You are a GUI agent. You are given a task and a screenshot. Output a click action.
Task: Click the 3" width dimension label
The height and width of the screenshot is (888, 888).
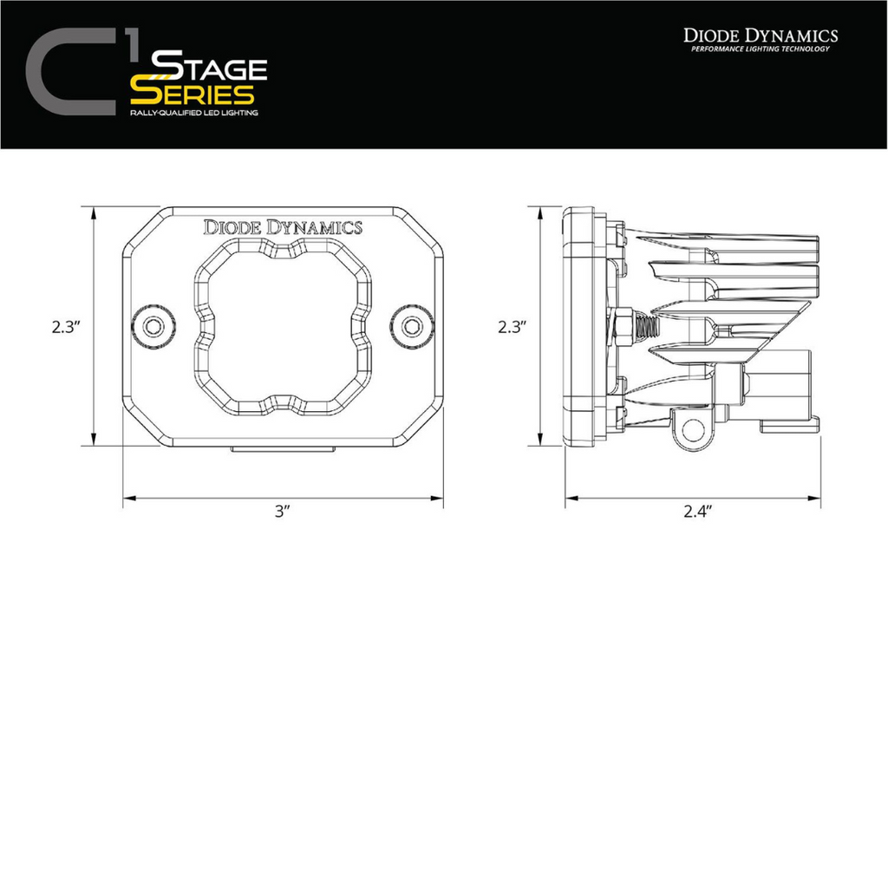pos(283,512)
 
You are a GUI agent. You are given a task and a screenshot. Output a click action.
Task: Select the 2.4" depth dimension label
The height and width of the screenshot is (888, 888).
pos(696,512)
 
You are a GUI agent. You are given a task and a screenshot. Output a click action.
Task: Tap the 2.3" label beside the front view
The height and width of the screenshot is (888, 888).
pos(66,327)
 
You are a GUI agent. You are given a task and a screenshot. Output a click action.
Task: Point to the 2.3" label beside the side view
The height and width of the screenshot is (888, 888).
pos(513,327)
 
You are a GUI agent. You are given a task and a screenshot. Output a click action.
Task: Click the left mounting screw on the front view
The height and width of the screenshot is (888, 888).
pos(153,327)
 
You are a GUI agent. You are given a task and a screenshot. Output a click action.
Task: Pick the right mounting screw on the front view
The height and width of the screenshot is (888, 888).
pos(412,327)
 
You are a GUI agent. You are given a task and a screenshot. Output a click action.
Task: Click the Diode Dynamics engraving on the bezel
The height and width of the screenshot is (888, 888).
pos(283,228)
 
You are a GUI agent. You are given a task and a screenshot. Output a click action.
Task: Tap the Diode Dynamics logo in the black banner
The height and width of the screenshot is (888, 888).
pos(761,36)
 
